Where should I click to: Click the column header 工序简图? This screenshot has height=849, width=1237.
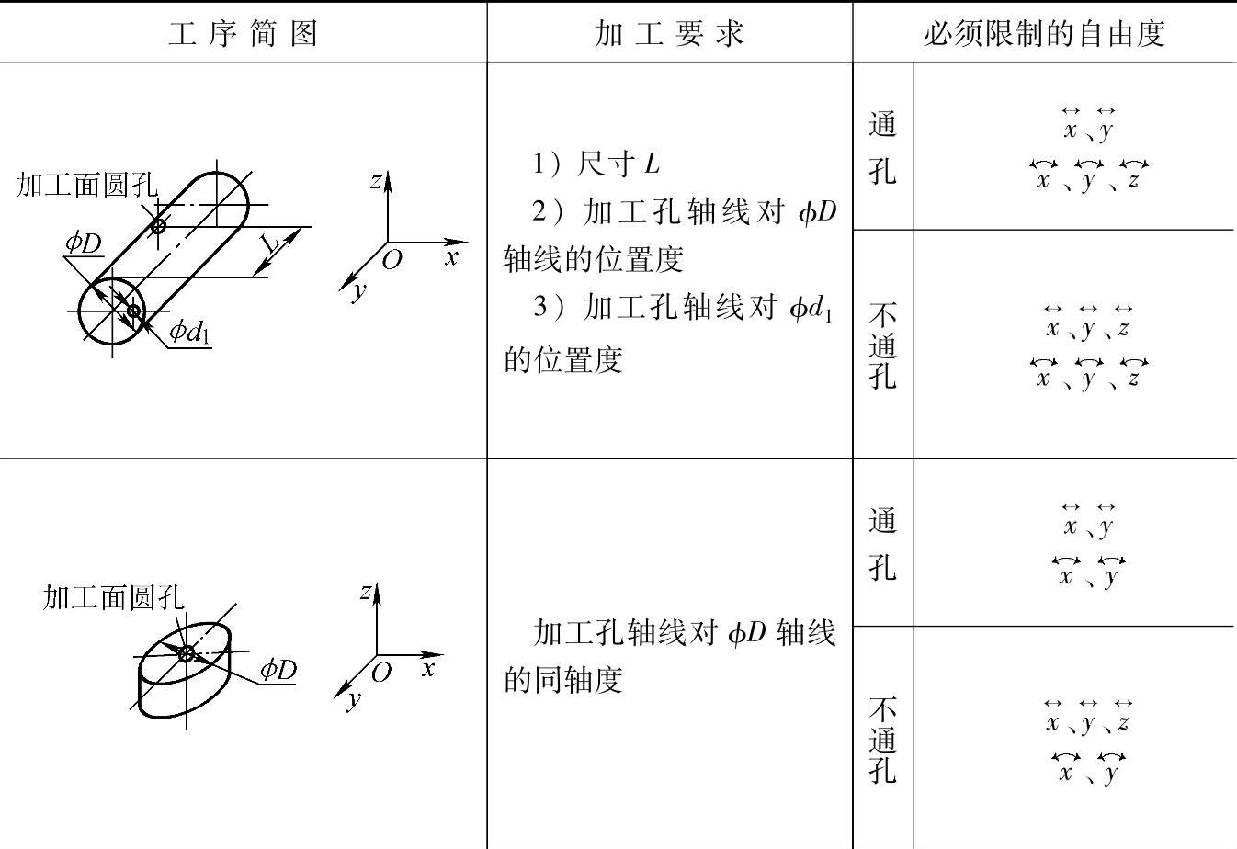244,34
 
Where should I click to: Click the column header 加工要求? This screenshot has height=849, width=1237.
669,34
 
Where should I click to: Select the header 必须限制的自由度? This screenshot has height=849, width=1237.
1044,34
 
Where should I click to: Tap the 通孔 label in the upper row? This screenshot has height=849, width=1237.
882,147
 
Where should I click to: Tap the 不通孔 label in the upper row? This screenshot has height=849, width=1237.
882,346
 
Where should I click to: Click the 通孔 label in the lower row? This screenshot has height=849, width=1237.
882,544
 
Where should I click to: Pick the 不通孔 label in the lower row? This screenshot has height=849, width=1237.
882,740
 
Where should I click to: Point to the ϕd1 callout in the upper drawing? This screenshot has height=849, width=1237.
190,332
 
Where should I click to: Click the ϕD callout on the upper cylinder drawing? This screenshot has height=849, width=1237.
84,243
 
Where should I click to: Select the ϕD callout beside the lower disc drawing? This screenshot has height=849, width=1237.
278,669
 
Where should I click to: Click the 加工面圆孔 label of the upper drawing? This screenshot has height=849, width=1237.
86,187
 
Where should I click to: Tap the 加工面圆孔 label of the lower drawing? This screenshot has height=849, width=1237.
112,598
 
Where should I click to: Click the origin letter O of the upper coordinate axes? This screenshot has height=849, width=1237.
392,261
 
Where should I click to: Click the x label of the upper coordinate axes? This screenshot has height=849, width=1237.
451,257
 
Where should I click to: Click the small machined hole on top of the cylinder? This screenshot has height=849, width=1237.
159,225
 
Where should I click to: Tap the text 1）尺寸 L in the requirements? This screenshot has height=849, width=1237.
596,164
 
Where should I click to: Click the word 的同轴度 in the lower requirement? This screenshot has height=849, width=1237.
563,680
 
